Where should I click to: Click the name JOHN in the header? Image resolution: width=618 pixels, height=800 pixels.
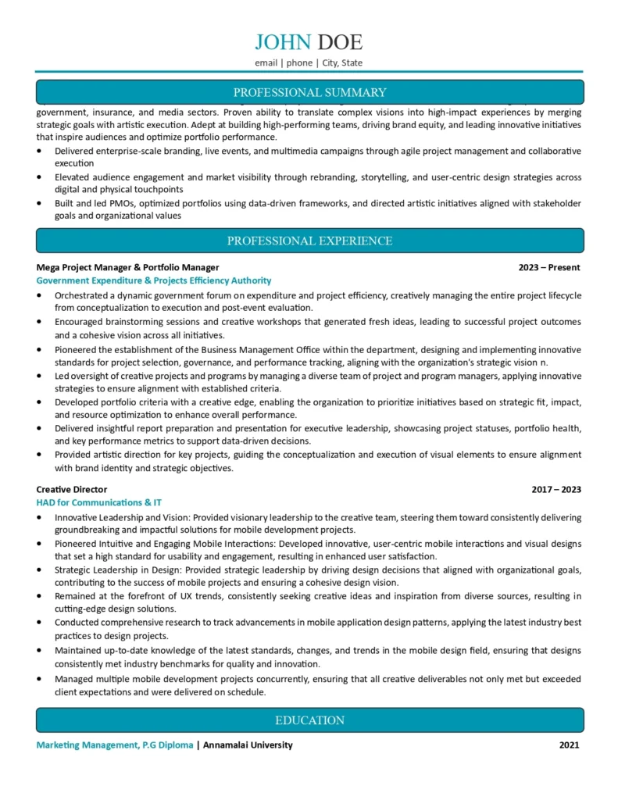283,42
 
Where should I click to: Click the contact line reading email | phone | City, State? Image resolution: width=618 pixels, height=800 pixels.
309,62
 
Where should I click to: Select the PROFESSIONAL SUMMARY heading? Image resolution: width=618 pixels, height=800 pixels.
309,92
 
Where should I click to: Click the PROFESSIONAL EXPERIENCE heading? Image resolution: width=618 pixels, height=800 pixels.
309,241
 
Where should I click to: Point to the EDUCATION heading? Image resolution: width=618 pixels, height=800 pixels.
309,720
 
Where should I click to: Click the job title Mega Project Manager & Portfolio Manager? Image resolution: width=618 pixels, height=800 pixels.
127,267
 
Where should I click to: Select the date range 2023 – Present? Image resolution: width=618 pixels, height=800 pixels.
548,267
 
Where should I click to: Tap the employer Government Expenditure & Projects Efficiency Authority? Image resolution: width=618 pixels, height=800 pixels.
154,280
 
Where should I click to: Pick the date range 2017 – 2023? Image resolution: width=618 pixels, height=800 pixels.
555,489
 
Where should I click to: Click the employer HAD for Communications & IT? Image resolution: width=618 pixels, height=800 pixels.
99,502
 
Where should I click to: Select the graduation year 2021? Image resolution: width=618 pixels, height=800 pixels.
569,745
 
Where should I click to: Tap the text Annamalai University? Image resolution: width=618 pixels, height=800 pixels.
248,745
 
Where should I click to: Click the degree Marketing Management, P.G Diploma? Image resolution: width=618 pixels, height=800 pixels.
115,745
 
